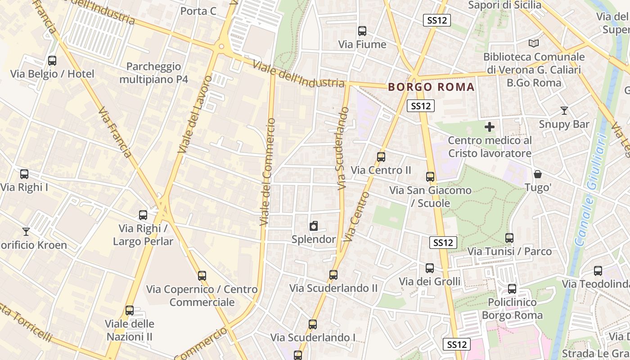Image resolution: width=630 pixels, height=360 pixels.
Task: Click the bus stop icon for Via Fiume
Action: tap(362, 31)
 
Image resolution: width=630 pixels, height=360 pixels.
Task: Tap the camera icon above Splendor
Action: tap(314, 226)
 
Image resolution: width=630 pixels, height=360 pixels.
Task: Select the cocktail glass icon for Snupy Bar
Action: tap(564, 111)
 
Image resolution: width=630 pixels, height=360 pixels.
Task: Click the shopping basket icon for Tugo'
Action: tap(537, 174)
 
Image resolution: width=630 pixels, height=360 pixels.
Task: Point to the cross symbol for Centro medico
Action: tap(490, 127)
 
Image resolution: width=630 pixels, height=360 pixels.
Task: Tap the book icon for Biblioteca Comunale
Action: tap(534, 43)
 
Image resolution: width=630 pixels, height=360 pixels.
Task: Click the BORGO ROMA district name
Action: tap(431, 87)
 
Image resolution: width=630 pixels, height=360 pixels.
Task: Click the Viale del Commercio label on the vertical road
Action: tap(267, 171)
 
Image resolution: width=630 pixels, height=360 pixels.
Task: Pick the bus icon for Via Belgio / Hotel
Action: tap(52, 61)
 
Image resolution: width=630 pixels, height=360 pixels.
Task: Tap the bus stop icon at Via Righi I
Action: tap(24, 174)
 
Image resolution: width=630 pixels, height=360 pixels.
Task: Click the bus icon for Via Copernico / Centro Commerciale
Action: tap(202, 276)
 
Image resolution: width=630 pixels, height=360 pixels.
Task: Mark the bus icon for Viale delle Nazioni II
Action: tap(130, 310)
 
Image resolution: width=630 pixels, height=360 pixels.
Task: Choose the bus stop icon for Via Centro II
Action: tap(381, 157)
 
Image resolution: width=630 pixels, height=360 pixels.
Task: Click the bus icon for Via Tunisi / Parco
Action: tap(509, 238)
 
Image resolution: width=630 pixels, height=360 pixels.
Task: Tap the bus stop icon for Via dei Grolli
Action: tap(430, 268)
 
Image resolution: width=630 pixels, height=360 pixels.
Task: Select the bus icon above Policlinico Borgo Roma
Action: tap(512, 289)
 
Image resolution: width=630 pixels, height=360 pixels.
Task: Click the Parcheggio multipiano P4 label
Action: tap(153, 73)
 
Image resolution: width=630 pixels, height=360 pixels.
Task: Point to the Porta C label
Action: tap(198, 11)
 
